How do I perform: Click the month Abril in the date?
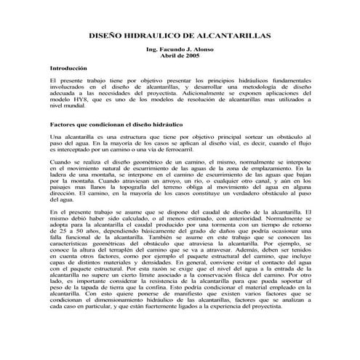pyautogui.click(x=167, y=55)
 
